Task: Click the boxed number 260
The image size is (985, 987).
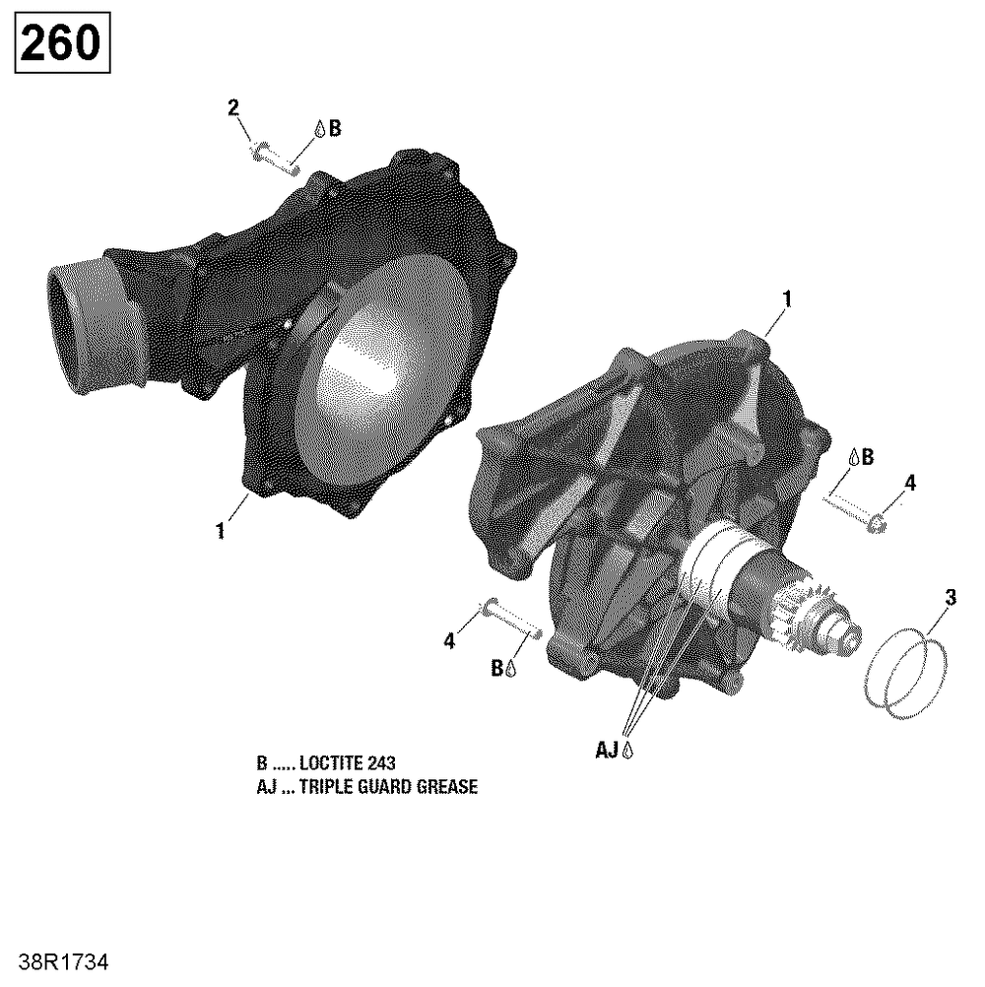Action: pos(62,42)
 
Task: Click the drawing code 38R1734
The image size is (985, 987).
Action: pos(64,962)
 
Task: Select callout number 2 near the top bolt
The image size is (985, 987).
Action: pos(233,108)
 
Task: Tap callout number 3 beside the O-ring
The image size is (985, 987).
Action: pos(951,597)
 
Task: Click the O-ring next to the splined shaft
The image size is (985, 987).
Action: pos(904,674)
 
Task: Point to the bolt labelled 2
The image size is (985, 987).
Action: pos(274,158)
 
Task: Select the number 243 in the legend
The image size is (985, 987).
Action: pos(382,763)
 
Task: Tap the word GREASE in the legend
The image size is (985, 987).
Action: pos(447,787)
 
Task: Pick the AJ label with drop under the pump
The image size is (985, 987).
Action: pos(615,750)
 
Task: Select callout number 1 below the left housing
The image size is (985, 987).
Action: pos(221,531)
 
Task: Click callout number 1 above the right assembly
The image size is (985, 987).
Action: pos(786,299)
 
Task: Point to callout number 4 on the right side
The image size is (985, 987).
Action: pos(910,484)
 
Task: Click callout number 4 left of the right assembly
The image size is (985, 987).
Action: pos(449,641)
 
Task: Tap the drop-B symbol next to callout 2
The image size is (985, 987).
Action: pos(328,128)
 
